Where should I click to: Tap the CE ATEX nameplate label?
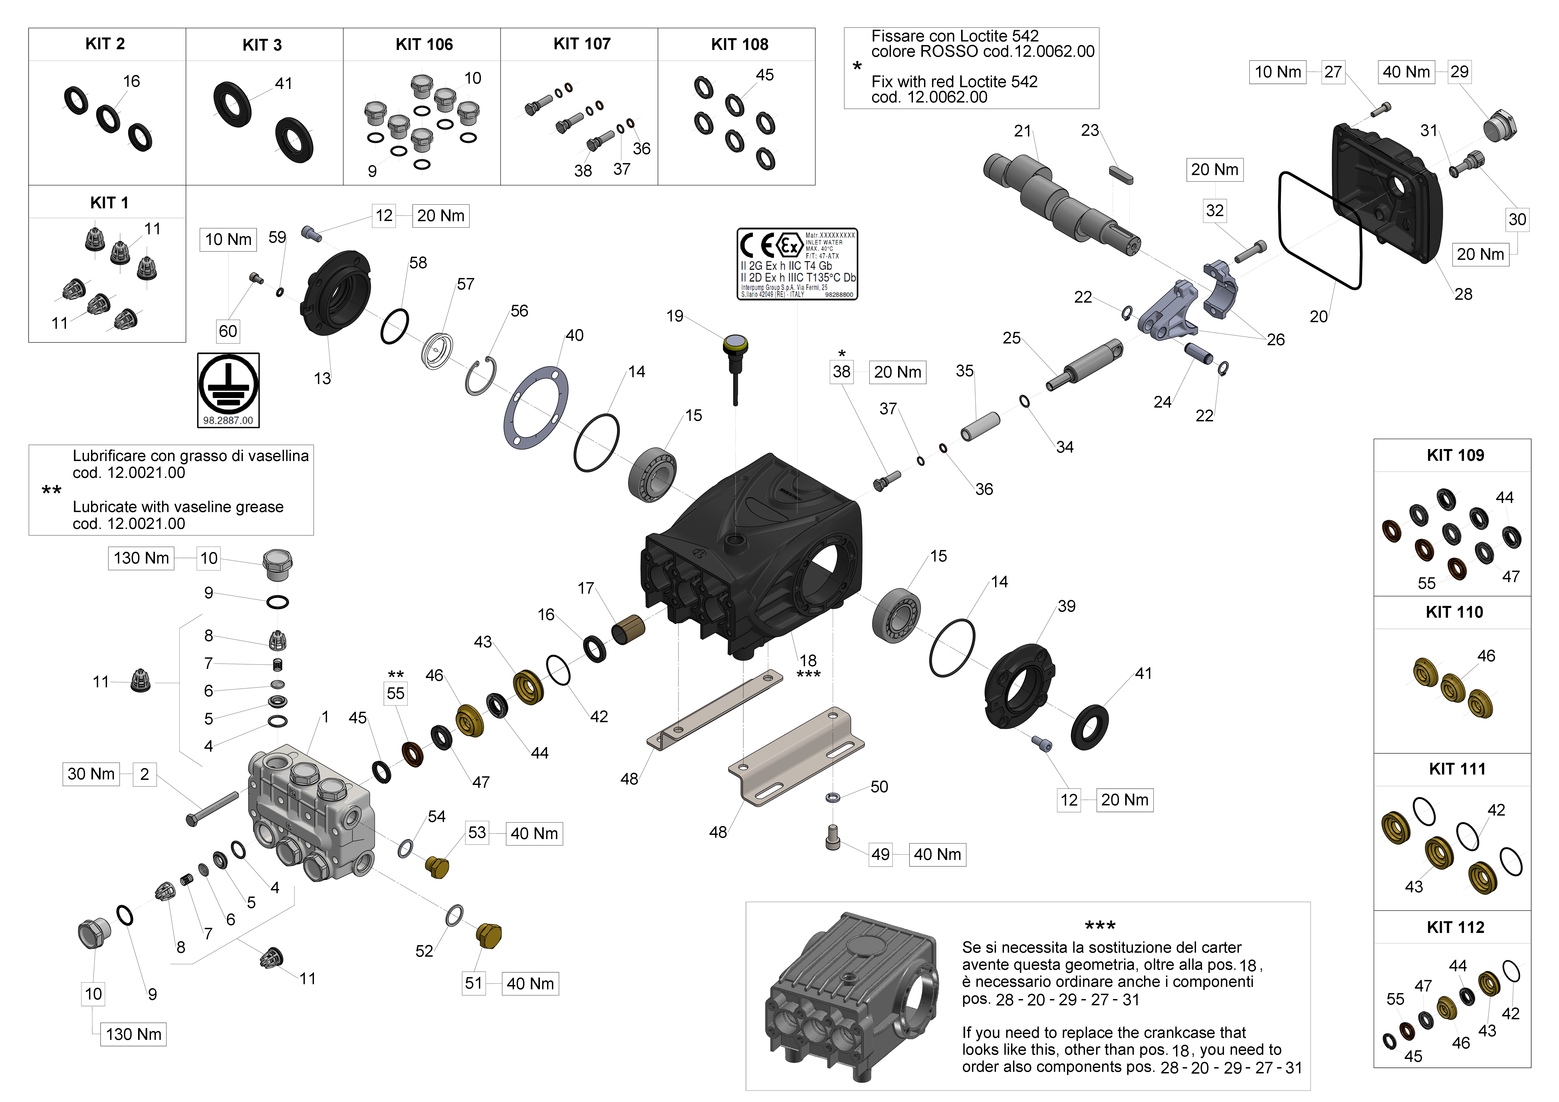797,264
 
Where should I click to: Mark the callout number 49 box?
881,854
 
